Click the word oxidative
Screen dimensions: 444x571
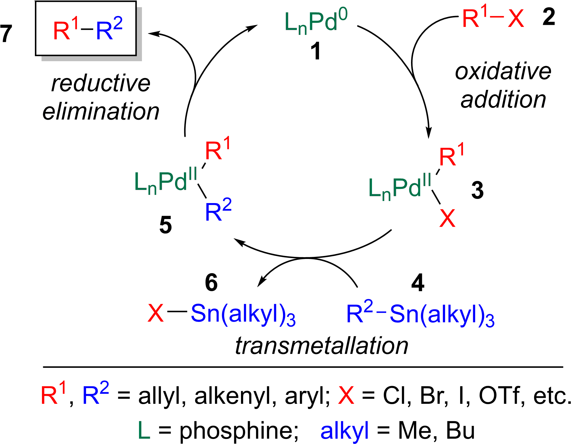pos(503,72)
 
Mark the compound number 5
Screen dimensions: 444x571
pos(165,226)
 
